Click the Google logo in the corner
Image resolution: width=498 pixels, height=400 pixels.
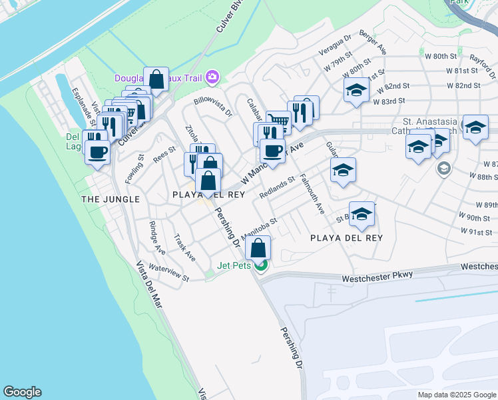click(x=22, y=392)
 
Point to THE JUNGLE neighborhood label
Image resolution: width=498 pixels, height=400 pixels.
click(x=111, y=199)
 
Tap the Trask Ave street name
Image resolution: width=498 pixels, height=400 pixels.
click(x=184, y=247)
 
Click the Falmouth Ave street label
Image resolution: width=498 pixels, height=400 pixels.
click(x=312, y=194)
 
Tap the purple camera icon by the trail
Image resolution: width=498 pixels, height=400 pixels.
click(x=212, y=77)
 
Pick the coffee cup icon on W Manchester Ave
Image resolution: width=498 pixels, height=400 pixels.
click(x=272, y=150)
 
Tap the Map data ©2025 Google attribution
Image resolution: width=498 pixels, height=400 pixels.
click(x=457, y=395)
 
